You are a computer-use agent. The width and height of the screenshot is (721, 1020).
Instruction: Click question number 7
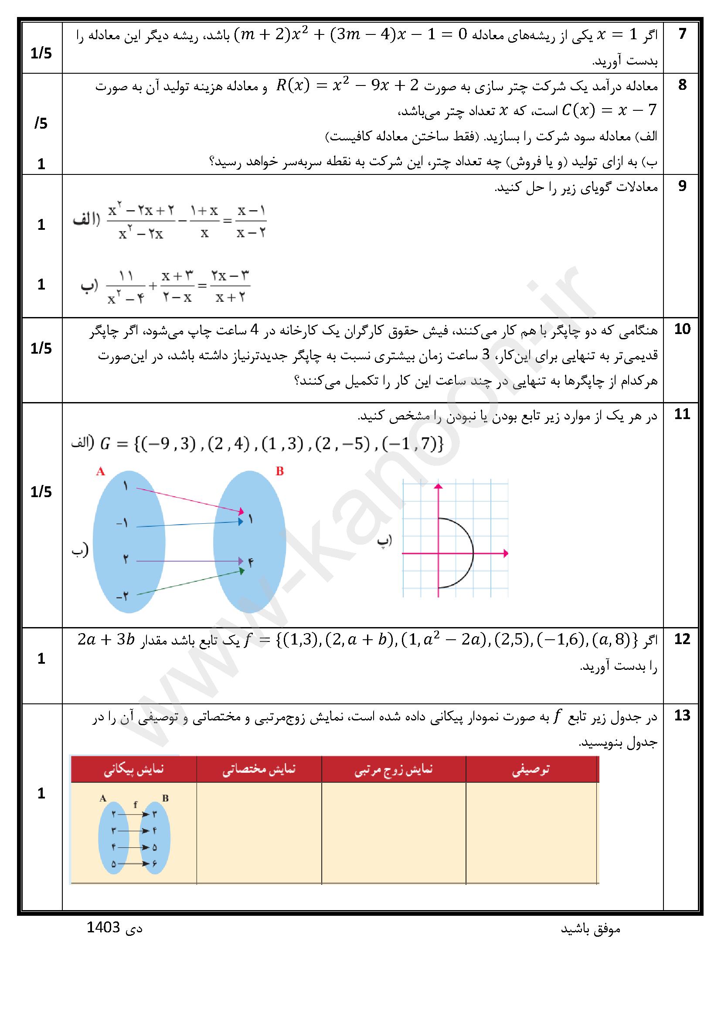click(x=682, y=34)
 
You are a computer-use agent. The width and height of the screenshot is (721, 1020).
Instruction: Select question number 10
click(x=682, y=329)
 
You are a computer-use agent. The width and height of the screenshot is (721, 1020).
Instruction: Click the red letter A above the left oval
click(x=101, y=471)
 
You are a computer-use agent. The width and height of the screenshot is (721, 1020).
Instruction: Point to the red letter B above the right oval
click(x=279, y=471)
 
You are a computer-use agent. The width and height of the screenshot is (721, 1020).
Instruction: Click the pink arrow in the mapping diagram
click(x=189, y=500)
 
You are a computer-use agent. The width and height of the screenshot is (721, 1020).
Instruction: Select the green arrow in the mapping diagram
click(x=189, y=582)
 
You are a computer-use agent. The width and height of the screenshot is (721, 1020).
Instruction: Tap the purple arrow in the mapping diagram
click(x=189, y=561)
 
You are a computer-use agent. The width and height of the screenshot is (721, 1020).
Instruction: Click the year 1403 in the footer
click(x=103, y=928)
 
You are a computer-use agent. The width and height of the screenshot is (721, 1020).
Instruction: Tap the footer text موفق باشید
click(x=591, y=929)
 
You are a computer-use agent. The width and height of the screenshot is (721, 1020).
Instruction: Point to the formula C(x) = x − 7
click(x=609, y=111)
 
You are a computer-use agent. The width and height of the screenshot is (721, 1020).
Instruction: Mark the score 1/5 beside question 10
click(x=41, y=349)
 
